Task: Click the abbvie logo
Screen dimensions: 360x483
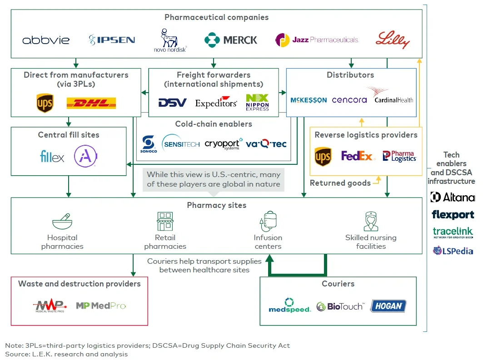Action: (x=46, y=40)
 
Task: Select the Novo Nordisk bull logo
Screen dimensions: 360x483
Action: (x=170, y=40)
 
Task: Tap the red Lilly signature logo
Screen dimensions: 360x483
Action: (x=393, y=40)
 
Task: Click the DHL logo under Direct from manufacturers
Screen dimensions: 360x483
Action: (x=91, y=103)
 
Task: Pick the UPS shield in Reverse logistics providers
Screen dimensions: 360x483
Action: (x=323, y=157)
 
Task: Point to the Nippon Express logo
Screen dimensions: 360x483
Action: (x=257, y=102)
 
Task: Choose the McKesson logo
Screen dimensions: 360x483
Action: (x=309, y=100)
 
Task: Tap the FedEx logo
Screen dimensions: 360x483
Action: (x=358, y=156)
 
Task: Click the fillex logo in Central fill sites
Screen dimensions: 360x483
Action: (x=52, y=157)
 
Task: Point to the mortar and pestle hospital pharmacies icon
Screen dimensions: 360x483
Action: (x=62, y=222)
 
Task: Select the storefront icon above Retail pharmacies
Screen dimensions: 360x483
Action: (x=165, y=222)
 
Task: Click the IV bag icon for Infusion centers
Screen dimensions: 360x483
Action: (x=268, y=221)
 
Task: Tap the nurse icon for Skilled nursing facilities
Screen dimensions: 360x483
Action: (x=371, y=222)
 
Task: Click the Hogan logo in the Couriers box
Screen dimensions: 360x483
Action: (x=388, y=306)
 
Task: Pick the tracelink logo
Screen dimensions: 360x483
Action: (x=452, y=232)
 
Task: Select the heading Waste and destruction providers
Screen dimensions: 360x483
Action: (x=80, y=284)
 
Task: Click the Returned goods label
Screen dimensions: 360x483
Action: (x=340, y=183)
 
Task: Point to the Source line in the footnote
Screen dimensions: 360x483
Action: (x=66, y=354)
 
